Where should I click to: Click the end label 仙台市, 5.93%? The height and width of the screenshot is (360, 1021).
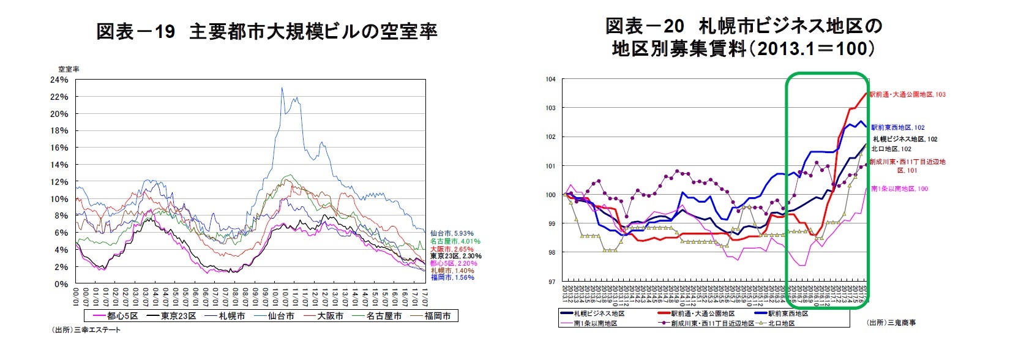tap(452, 233)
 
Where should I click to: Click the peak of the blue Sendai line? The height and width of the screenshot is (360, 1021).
tap(282, 88)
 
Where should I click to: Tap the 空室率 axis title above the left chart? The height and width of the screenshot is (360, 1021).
tap(69, 69)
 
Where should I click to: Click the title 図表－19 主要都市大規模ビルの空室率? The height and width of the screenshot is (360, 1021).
tap(266, 32)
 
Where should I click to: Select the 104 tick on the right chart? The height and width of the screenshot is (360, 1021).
tap(550, 79)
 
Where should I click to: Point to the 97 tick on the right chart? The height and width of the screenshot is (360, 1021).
tap(552, 282)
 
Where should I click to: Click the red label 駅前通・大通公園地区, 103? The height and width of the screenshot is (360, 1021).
tap(908, 94)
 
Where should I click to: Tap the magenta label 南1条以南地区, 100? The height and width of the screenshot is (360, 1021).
tap(899, 189)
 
